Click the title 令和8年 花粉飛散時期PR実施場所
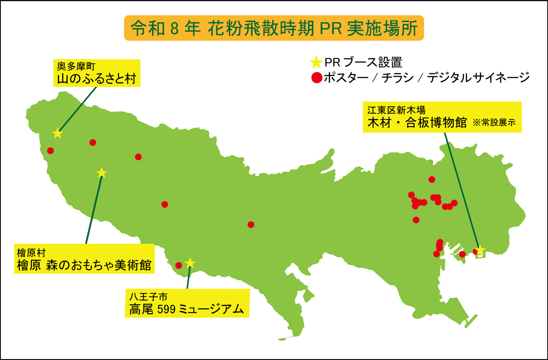[x=274, y=28]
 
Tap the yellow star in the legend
[x=316, y=63]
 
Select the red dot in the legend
[x=316, y=78]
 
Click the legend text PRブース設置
[x=363, y=62]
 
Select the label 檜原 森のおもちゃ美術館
[x=84, y=265]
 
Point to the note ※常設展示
[x=494, y=123]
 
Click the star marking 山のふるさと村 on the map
[x=57, y=134]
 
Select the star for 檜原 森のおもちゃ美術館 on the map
[x=101, y=173]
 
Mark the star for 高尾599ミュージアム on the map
[x=190, y=263]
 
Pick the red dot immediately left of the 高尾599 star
[x=179, y=265]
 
